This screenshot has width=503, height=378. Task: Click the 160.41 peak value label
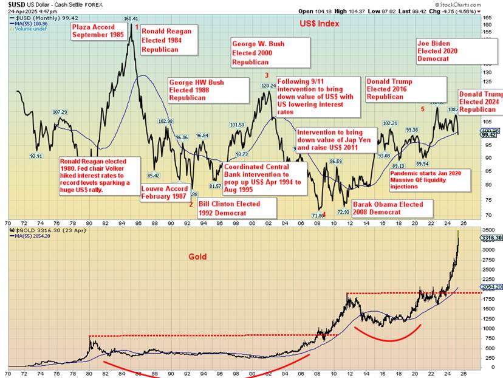point(131,19)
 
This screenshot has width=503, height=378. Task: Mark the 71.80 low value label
point(317,216)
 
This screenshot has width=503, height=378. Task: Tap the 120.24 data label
point(269,86)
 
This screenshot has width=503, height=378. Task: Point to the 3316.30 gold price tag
point(491,239)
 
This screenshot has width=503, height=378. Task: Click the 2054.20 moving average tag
point(491,286)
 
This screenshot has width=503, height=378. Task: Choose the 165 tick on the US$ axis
point(487,18)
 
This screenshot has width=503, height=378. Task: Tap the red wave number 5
point(423,109)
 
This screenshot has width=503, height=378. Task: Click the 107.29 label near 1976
point(60,112)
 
